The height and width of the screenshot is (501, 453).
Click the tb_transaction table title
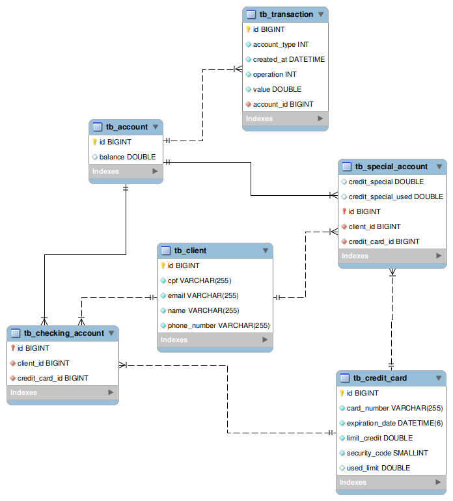point(286,14)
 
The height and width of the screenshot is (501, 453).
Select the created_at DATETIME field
point(288,59)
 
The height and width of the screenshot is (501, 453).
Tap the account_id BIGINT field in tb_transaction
point(283,104)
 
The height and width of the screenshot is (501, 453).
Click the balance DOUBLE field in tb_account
point(128,157)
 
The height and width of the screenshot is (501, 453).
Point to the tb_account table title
point(127,127)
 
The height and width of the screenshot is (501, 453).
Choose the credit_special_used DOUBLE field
point(396,196)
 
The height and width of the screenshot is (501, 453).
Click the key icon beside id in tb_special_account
point(344,211)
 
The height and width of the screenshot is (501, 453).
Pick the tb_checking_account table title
point(64,333)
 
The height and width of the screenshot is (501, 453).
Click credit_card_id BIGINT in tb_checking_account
point(53,378)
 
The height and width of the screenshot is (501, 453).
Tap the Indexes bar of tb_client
point(215,340)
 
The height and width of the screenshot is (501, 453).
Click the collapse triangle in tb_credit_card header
point(438,378)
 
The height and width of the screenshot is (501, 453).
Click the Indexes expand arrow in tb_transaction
point(320,118)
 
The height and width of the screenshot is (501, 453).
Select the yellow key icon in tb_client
point(163,265)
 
